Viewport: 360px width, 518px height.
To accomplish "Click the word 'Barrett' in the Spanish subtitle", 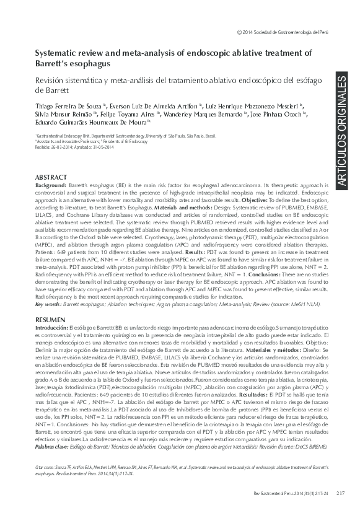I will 50,90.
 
